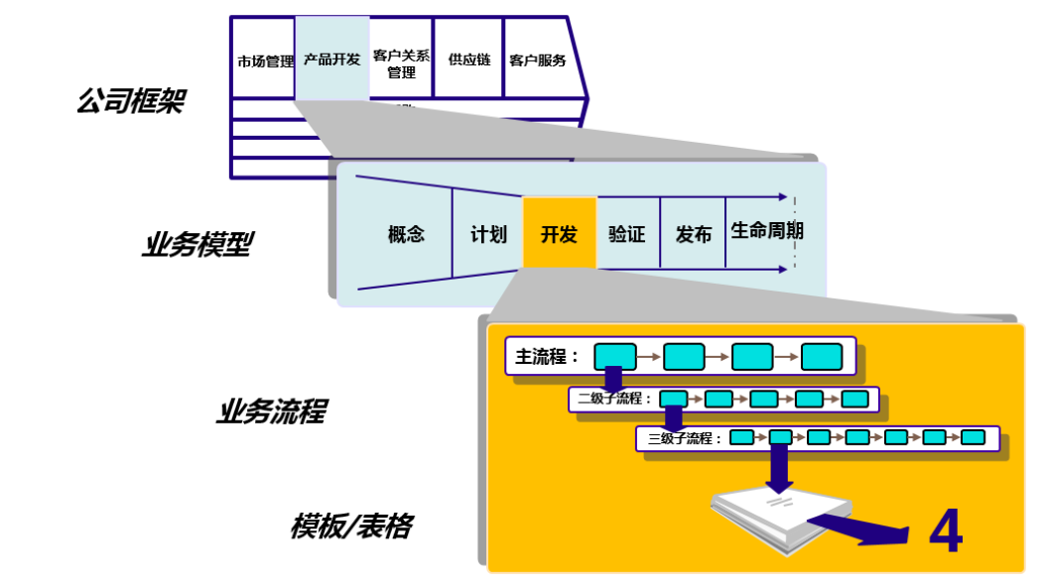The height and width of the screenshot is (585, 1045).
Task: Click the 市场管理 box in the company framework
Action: [x=265, y=60]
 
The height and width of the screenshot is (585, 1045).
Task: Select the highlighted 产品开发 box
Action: [x=331, y=59]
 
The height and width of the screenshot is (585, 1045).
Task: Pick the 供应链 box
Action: [x=468, y=59]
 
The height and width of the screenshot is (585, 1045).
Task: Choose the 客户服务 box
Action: [x=538, y=60]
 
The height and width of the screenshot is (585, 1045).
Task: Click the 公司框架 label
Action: [x=130, y=100]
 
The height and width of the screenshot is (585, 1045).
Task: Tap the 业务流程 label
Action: [x=270, y=411]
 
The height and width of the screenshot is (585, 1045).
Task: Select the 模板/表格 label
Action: [x=350, y=526]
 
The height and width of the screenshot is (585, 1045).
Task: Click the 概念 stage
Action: [x=406, y=235]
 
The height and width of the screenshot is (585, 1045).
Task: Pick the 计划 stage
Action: [x=488, y=235]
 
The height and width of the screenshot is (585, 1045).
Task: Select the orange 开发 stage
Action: [x=559, y=234]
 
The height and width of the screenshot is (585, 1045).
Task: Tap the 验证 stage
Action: [x=627, y=235]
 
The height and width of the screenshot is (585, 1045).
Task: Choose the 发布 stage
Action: [x=693, y=235]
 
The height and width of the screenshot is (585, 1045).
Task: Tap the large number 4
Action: [x=945, y=532]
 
